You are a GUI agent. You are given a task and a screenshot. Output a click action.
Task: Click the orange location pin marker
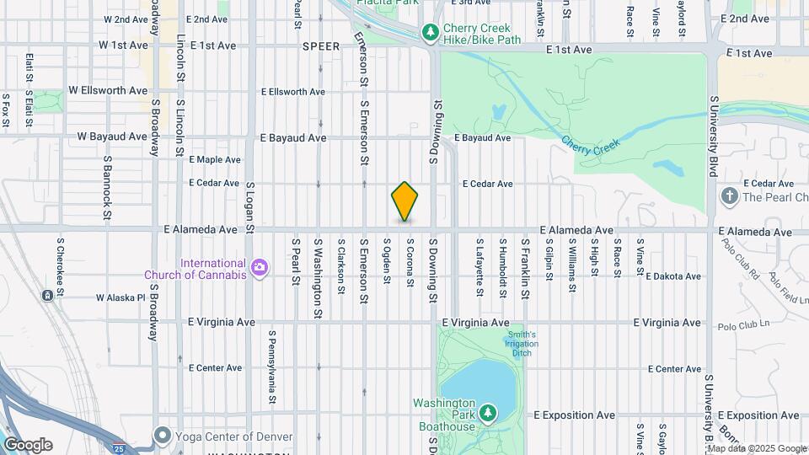point(404,201)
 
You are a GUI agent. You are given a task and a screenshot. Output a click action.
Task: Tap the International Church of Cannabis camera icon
point(260,268)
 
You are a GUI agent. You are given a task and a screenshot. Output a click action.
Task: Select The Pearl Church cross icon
point(729,197)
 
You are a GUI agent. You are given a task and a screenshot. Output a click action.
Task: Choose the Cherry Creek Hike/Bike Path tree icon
point(431,32)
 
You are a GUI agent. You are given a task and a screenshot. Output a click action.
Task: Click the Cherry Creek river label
point(590,145)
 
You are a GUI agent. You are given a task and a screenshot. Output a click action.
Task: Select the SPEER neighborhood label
point(320,47)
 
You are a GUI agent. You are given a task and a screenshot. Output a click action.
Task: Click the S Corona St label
point(410,262)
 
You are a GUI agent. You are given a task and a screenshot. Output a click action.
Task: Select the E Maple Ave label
point(215,159)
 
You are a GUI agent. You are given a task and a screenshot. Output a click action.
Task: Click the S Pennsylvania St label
point(272,368)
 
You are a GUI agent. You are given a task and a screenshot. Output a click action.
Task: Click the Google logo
point(28,445)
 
